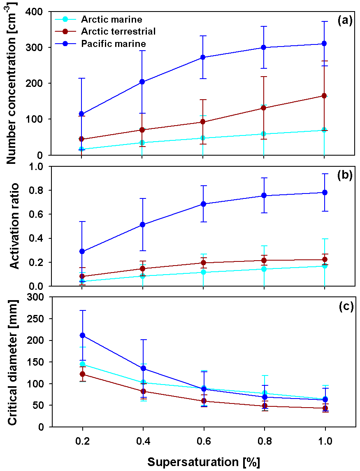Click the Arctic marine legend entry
(x=111, y=19)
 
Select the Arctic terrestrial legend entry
(x=118, y=31)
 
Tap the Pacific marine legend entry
(x=114, y=43)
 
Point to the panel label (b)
(x=345, y=175)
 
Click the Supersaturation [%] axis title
(x=204, y=462)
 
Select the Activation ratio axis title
(x=15, y=226)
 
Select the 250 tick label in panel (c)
(x=36, y=319)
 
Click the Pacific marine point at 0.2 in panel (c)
(x=82, y=335)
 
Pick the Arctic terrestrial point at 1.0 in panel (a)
(x=325, y=96)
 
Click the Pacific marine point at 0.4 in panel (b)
(x=142, y=224)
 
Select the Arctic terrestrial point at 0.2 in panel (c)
(x=82, y=374)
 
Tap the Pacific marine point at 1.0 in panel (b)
(x=325, y=192)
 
